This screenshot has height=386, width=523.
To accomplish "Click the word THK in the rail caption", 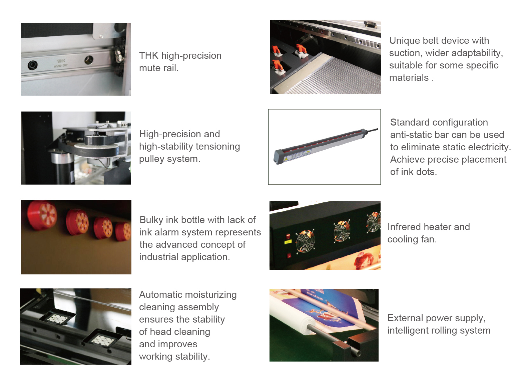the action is point(149,56).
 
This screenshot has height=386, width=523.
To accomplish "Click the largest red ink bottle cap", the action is point(42,215).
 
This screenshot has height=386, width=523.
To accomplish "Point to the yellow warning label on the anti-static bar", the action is point(286,159).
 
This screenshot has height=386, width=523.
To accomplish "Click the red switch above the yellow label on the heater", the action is point(288,236).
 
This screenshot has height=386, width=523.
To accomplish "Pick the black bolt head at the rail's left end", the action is point(32,65).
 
